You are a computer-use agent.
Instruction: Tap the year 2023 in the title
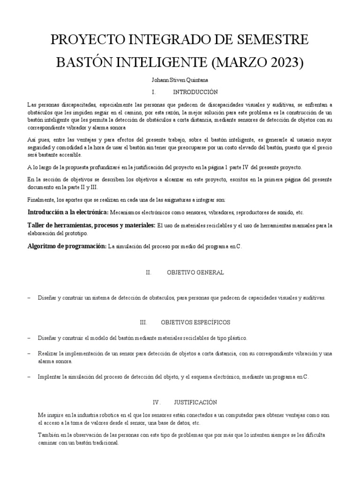(x=283, y=62)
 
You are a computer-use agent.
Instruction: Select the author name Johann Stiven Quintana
(x=180, y=80)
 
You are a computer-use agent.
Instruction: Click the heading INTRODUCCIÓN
(x=195, y=92)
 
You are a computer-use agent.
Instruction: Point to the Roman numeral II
(x=149, y=272)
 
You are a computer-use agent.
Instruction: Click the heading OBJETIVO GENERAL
(x=195, y=272)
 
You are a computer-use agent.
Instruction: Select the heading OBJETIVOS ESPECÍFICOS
(x=195, y=323)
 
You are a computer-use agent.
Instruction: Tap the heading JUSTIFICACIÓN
(x=195, y=402)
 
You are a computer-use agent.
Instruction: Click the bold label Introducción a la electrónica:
(x=68, y=212)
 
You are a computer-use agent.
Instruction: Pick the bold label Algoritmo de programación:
(x=67, y=246)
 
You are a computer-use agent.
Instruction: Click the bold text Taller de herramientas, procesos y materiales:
(x=91, y=225)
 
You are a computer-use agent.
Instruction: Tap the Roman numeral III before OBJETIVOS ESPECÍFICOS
(x=143, y=323)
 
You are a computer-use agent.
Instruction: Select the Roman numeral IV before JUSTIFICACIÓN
(x=157, y=402)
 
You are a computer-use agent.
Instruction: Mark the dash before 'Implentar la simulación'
(x=29, y=377)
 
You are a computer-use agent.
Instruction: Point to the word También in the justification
(x=48, y=435)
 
